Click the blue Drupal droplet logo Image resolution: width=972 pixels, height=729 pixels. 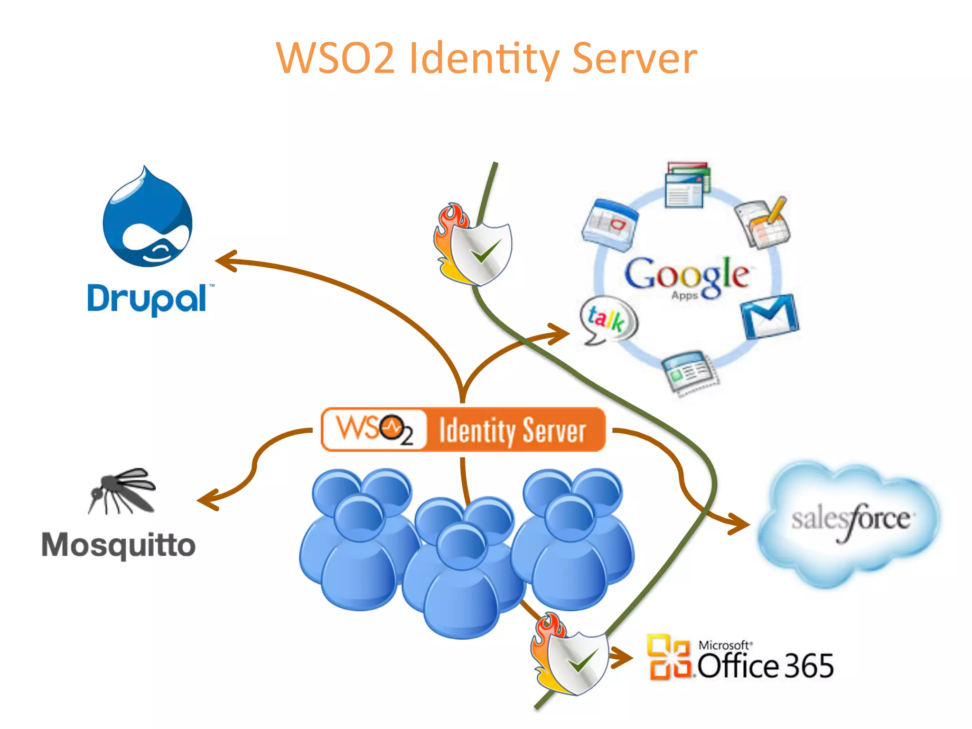click(x=148, y=218)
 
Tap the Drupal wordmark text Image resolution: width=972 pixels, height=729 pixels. click(x=148, y=299)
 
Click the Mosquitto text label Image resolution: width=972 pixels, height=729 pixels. click(x=118, y=545)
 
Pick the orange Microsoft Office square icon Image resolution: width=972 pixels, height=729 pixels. click(x=669, y=657)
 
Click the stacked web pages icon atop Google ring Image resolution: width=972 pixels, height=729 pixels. click(x=687, y=185)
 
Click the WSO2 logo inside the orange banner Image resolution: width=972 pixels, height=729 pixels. click(x=374, y=429)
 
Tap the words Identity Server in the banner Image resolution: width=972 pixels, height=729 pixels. click(x=513, y=430)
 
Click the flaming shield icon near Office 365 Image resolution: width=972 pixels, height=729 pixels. click(x=570, y=655)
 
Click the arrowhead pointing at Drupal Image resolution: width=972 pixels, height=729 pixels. click(x=225, y=261)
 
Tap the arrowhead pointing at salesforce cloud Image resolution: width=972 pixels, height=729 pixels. click(x=740, y=524)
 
